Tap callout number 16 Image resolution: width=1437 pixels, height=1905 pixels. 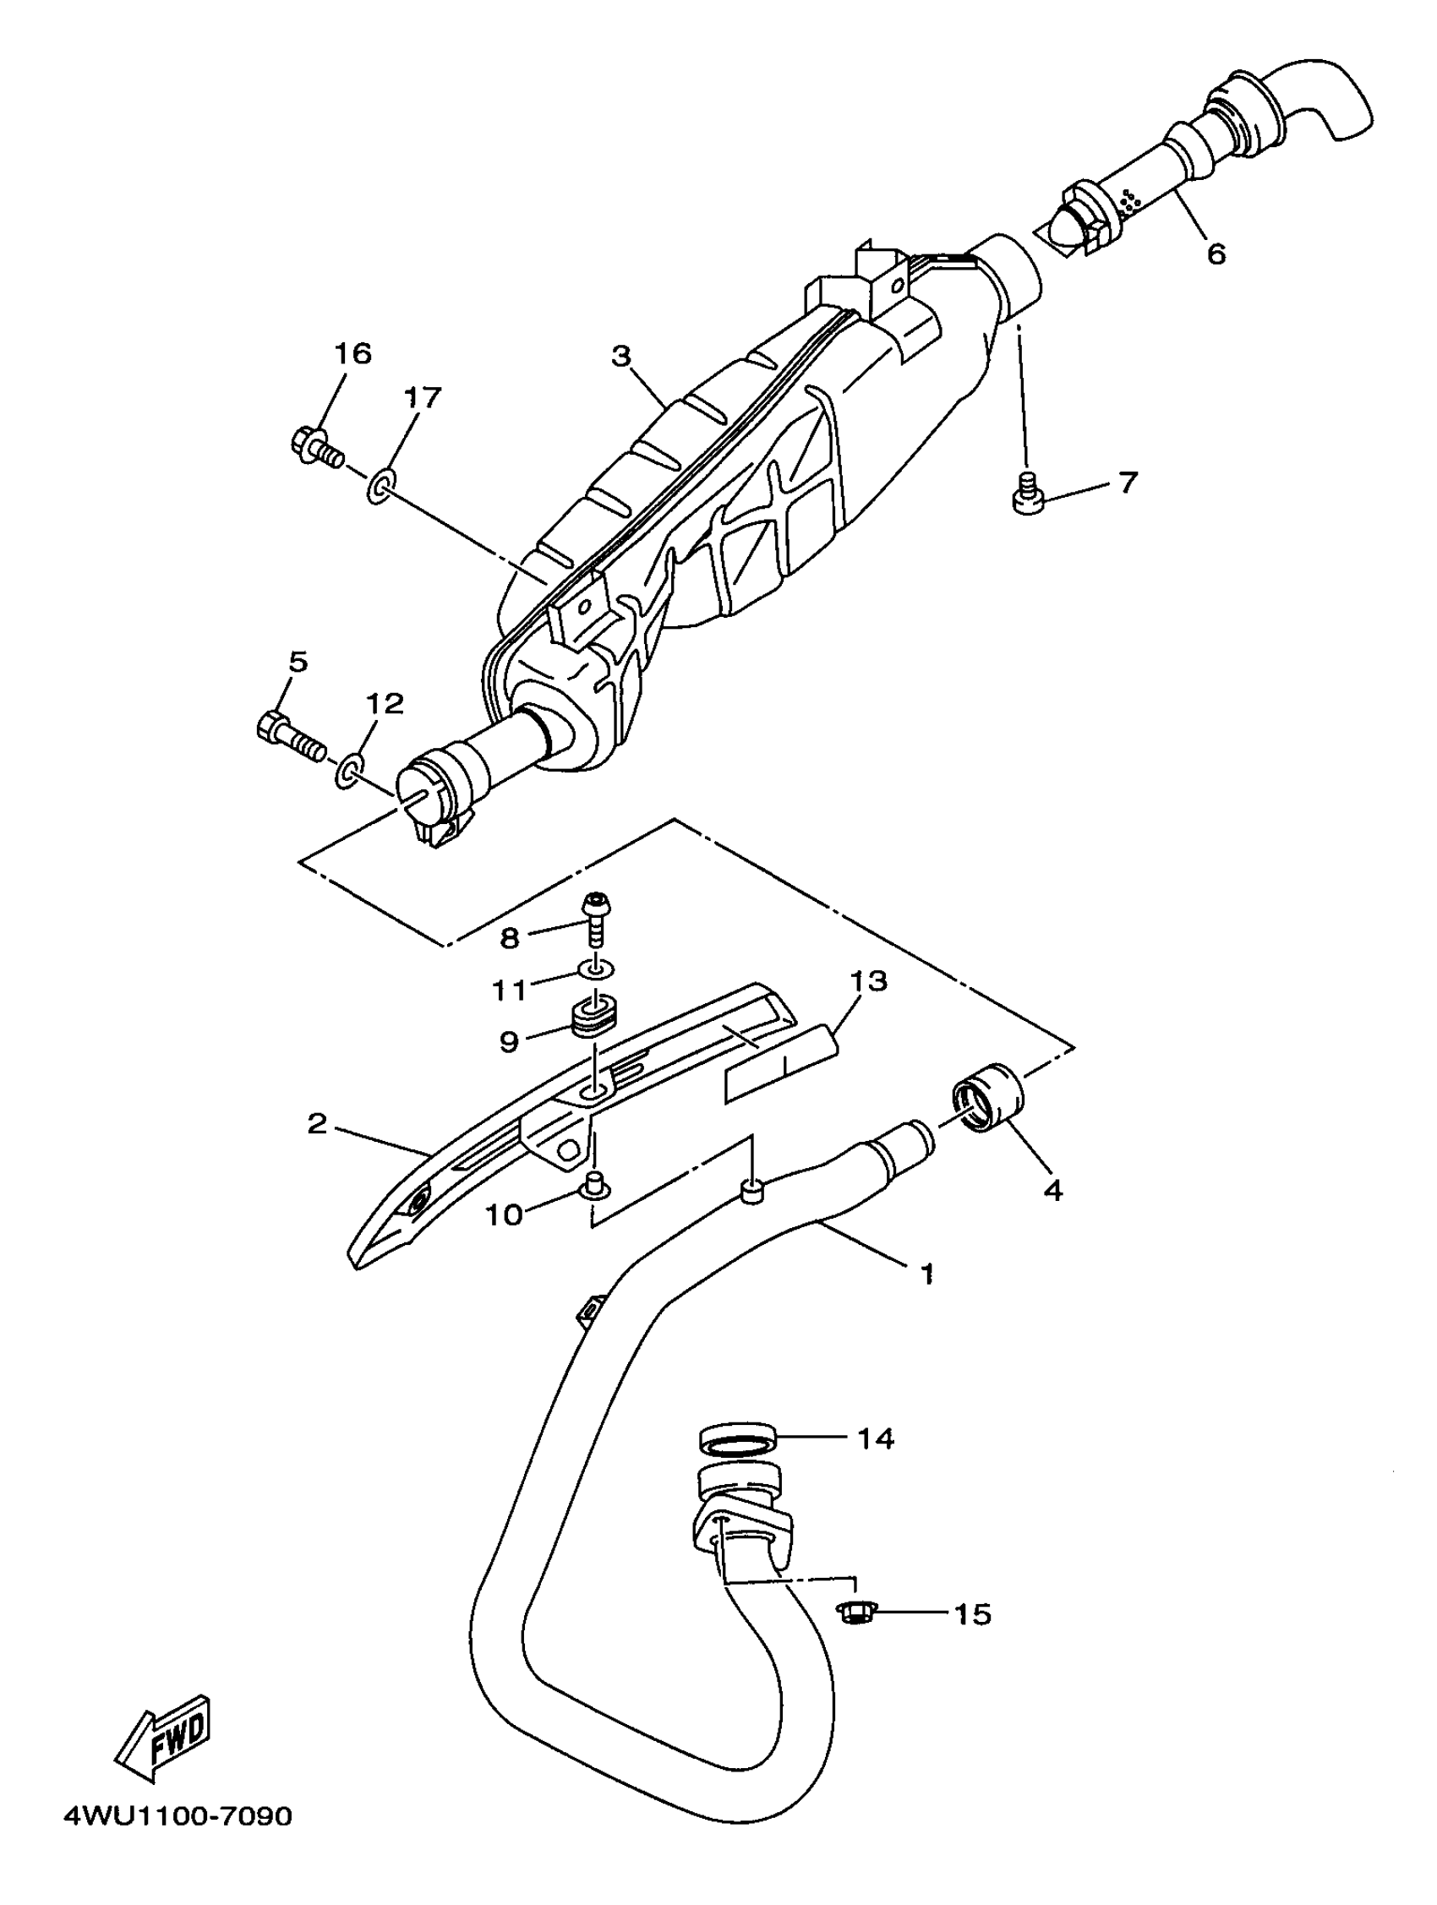click(x=352, y=353)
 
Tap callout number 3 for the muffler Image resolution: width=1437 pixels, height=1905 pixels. click(x=621, y=356)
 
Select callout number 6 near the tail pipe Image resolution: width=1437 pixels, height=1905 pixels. click(x=1216, y=254)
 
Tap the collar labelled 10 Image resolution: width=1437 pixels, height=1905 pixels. click(x=593, y=1186)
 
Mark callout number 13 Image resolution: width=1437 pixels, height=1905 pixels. click(x=868, y=981)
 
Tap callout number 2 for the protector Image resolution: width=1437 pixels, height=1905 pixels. click(x=317, y=1123)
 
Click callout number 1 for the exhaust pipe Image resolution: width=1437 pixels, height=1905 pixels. click(x=927, y=1273)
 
